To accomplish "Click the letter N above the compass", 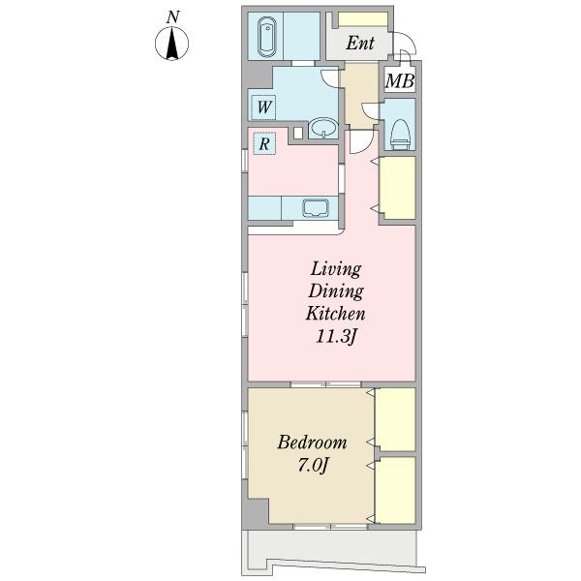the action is tap(172, 17).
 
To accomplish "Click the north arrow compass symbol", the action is tap(171, 44).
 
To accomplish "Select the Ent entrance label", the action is tap(360, 43).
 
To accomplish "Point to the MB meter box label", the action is tap(399, 80).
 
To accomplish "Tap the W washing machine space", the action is tap(263, 107).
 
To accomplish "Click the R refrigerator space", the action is tap(264, 143).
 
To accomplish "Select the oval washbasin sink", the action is tap(323, 128).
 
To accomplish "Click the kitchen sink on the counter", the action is tap(316, 208).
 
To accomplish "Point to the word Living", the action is tap(336, 268).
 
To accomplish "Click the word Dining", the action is tap(336, 290).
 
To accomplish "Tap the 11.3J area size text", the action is tap(336, 336).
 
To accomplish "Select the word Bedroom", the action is tap(312, 443).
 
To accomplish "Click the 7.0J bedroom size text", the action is tap(313, 465).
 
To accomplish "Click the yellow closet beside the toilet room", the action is tap(399, 188).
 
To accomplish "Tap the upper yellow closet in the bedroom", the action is tap(395, 419).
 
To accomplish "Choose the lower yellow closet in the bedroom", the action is tap(395, 490).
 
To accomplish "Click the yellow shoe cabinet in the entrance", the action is tap(363, 19).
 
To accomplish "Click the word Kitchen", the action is tap(336, 314).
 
